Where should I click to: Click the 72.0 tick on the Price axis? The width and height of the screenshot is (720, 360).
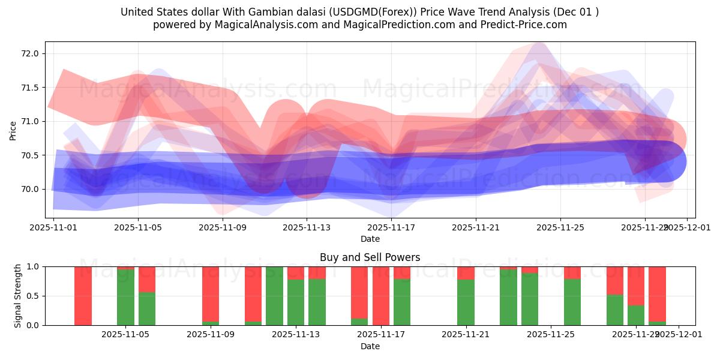click(30, 53)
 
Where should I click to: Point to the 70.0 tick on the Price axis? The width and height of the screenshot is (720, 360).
click(30, 189)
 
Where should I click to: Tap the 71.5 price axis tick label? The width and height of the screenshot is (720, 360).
click(30, 88)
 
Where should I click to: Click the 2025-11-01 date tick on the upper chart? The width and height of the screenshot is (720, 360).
click(53, 228)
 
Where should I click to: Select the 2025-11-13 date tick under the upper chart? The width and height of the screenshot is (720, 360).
click(307, 228)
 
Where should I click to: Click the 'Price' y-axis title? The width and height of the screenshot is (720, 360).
click(13, 130)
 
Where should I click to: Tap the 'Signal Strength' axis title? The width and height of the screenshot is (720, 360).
click(18, 296)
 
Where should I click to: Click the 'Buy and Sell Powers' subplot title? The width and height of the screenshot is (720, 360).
click(370, 257)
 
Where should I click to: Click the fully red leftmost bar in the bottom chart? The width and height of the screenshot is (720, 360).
click(83, 296)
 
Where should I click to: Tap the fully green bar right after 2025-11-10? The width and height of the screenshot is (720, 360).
click(274, 296)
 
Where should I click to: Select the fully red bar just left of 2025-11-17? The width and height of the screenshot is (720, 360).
click(380, 296)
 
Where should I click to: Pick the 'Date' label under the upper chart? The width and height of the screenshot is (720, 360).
click(370, 239)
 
